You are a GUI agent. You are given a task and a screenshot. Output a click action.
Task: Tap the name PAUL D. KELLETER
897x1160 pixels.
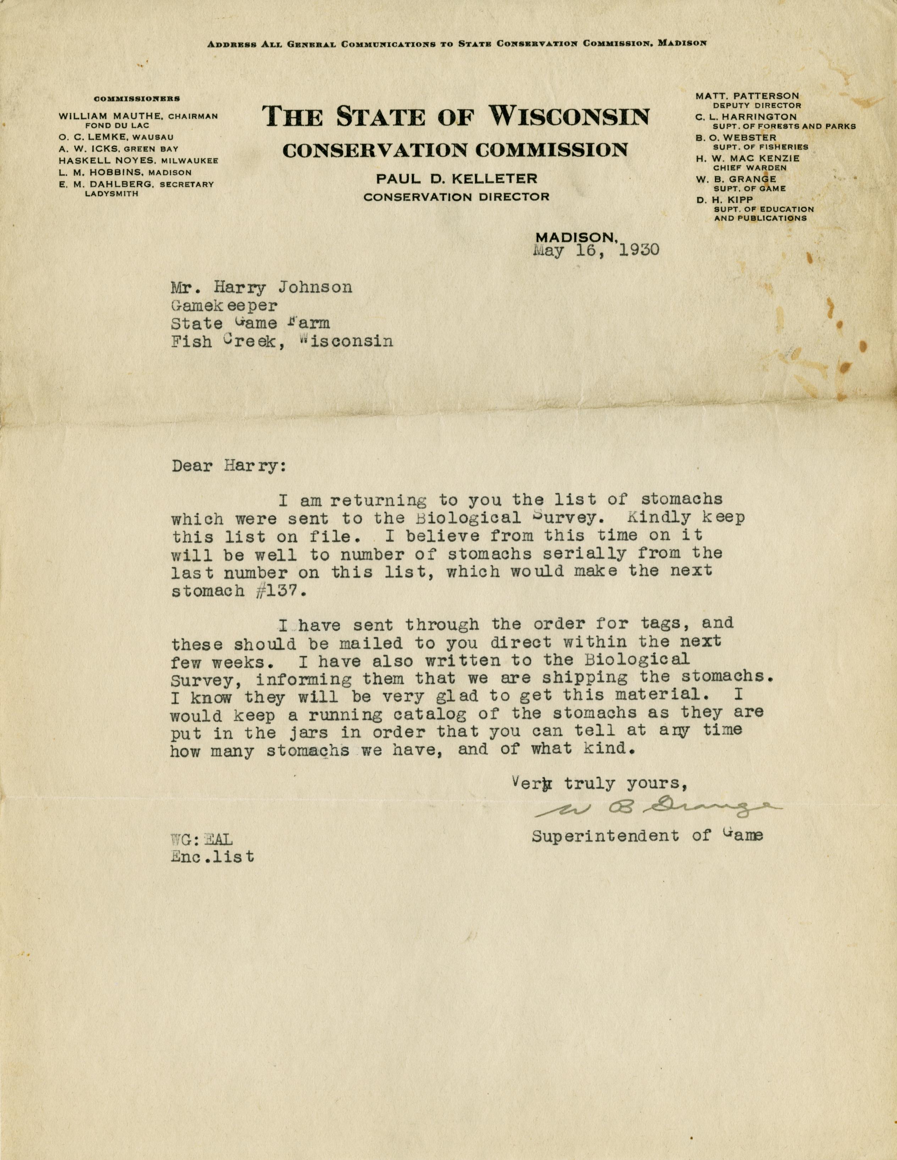point(456,179)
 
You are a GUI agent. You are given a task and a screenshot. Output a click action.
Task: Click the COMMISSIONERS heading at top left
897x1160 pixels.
point(137,99)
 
